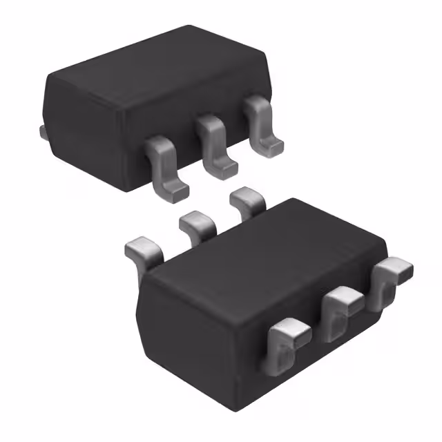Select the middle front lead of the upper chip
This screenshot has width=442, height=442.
[x=213, y=142]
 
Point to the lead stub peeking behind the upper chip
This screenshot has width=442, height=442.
[x=43, y=131]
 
